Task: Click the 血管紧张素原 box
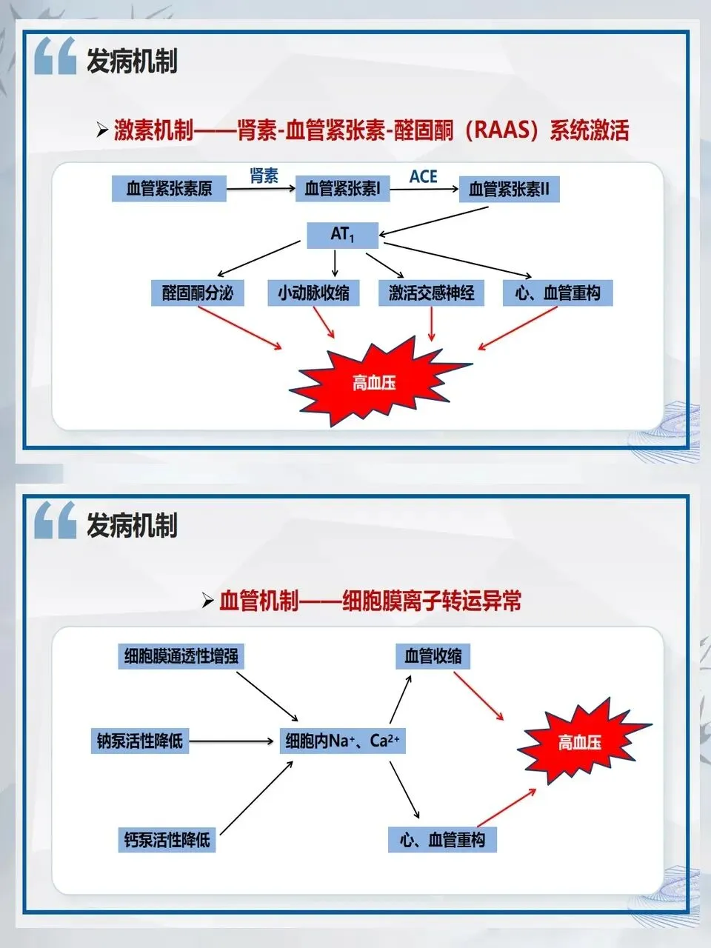coord(169,188)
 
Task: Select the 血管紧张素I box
coord(342,189)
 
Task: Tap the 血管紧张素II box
coord(509,190)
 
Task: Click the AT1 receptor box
coord(342,235)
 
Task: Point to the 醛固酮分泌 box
coord(198,293)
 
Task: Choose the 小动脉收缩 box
coord(314,293)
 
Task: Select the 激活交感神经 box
coord(432,293)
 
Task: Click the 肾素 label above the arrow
coord(264,176)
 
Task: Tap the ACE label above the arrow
coord(423,176)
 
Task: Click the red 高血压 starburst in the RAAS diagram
coord(375,382)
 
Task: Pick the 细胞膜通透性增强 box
coord(181,656)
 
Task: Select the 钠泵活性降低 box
coord(139,741)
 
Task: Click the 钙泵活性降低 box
coord(167,840)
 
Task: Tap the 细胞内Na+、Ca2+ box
coord(342,741)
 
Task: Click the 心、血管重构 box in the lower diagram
coord(442,840)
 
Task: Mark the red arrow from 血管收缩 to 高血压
coord(478,695)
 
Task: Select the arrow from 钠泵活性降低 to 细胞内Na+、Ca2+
coord(232,741)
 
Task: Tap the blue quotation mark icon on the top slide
coord(55,57)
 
